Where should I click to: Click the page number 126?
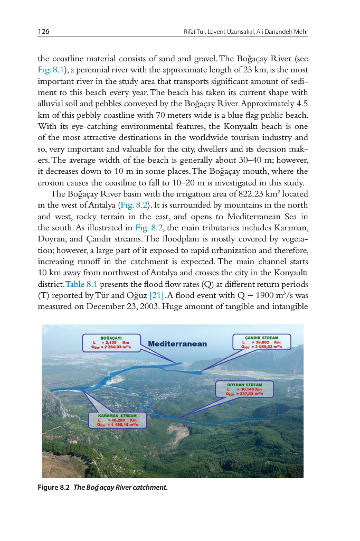(x=43, y=32)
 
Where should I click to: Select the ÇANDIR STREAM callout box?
(x=262, y=342)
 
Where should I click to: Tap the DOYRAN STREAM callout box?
(x=244, y=389)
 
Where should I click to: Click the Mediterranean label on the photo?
(x=178, y=344)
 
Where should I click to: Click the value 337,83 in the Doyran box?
(x=247, y=394)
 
